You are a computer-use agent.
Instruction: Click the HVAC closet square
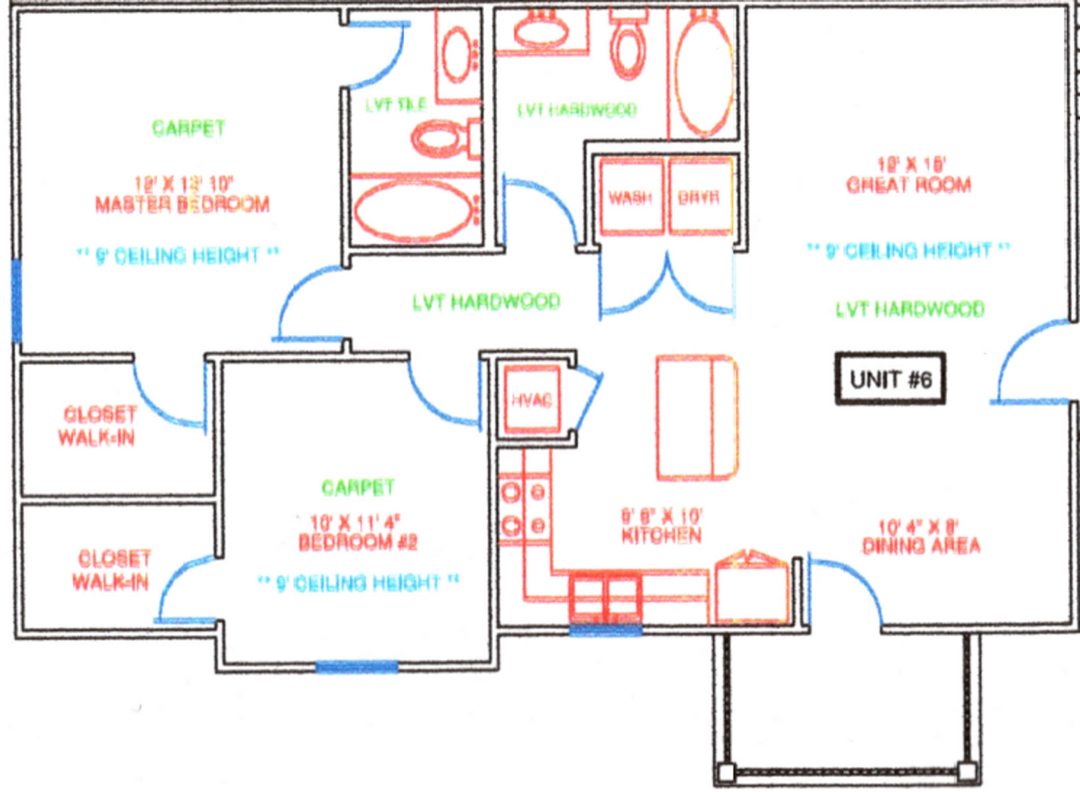click(x=529, y=400)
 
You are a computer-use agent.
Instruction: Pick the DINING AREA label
click(x=921, y=546)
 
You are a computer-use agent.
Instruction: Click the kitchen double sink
click(x=605, y=596)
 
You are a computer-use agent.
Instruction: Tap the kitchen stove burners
click(x=523, y=507)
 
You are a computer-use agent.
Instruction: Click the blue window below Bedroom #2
click(x=357, y=666)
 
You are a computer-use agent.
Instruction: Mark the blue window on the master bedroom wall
click(x=15, y=300)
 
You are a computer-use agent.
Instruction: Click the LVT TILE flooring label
click(x=396, y=105)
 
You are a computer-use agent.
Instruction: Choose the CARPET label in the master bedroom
click(x=188, y=128)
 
